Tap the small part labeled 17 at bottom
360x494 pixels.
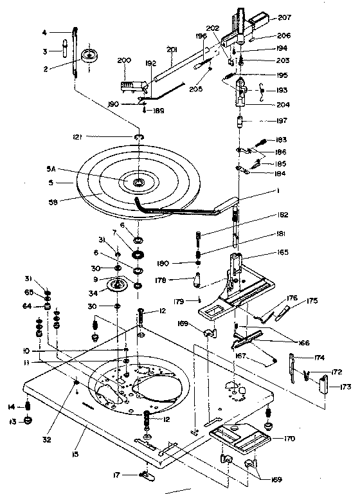[145, 475]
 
